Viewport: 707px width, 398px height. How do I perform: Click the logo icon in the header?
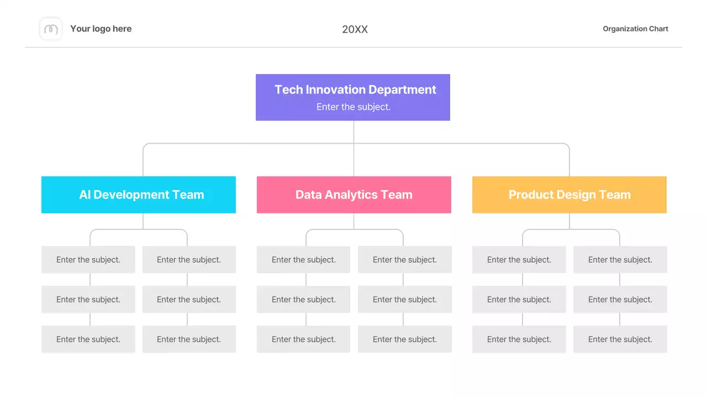[x=51, y=29]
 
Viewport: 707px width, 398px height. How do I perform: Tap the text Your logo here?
[x=101, y=29]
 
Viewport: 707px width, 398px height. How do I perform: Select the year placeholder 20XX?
[x=355, y=30]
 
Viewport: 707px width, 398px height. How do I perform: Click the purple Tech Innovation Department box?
[x=353, y=97]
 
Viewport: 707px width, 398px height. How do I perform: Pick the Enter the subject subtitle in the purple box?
[x=353, y=107]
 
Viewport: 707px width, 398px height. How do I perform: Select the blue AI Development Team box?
[x=139, y=195]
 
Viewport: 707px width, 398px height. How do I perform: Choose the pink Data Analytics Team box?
[x=354, y=195]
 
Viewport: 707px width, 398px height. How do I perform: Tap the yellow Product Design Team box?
[x=569, y=195]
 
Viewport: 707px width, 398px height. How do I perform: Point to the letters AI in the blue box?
[x=85, y=195]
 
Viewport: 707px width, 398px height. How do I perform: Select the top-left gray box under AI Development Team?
[x=88, y=260]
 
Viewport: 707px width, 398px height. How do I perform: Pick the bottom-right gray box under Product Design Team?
[x=620, y=339]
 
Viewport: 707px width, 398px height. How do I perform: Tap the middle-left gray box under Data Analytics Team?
[x=303, y=300]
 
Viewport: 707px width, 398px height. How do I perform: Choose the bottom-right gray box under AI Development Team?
[x=189, y=339]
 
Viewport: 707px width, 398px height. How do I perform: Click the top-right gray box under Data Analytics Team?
[x=404, y=260]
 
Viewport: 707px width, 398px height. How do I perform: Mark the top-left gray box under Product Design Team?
[x=519, y=260]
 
